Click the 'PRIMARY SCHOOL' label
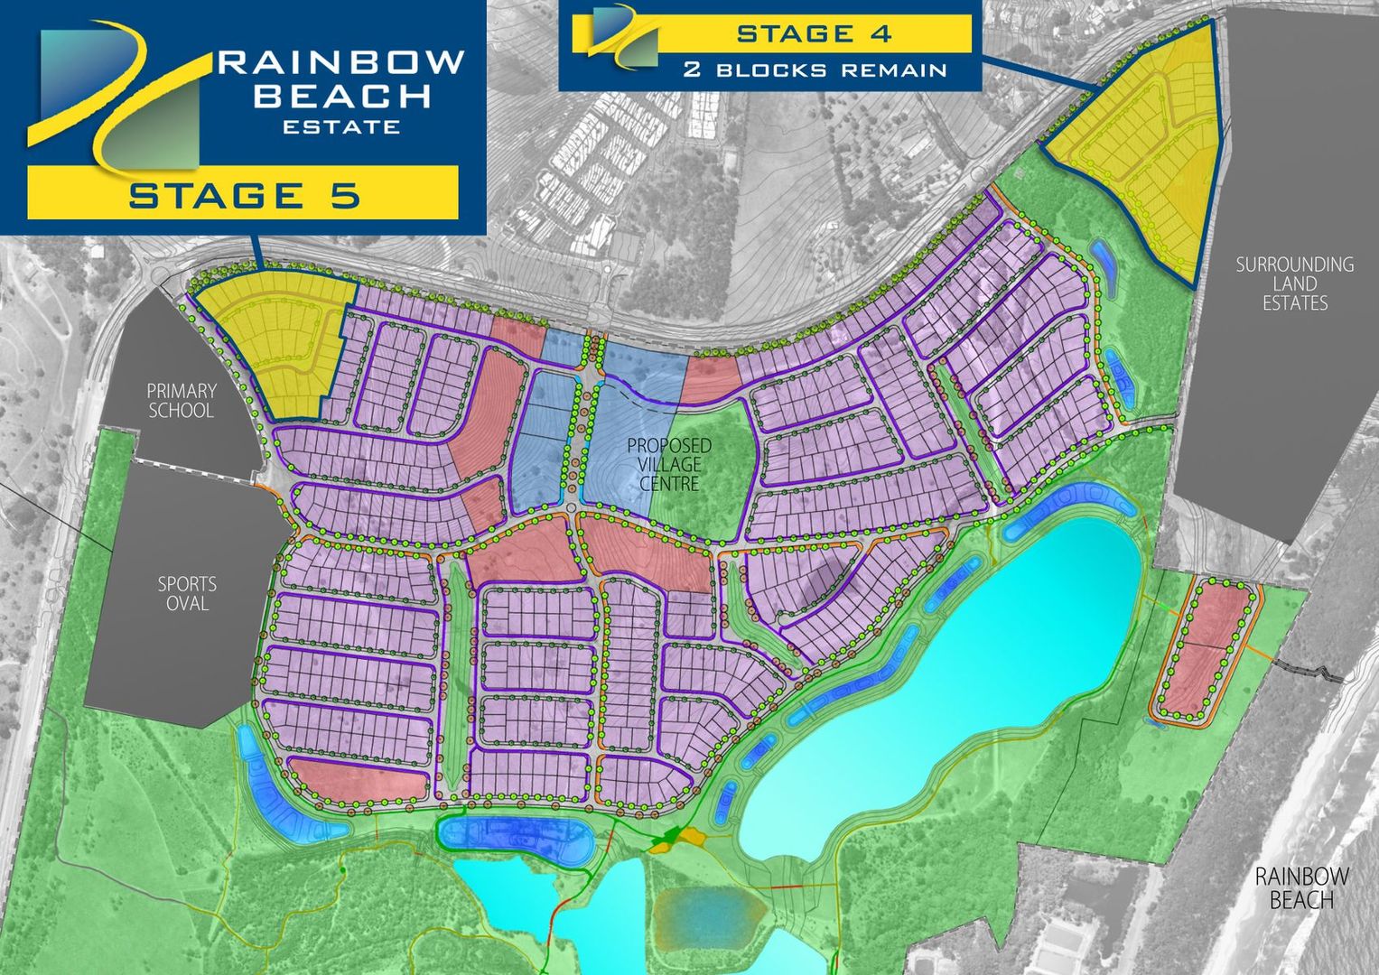click(181, 401)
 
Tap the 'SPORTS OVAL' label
click(187, 593)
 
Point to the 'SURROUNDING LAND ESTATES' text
click(1294, 283)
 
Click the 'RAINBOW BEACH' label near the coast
click(1301, 887)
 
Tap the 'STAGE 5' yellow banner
click(243, 193)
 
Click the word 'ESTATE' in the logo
click(341, 126)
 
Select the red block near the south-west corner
click(357, 779)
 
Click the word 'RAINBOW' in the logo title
click(341, 61)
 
